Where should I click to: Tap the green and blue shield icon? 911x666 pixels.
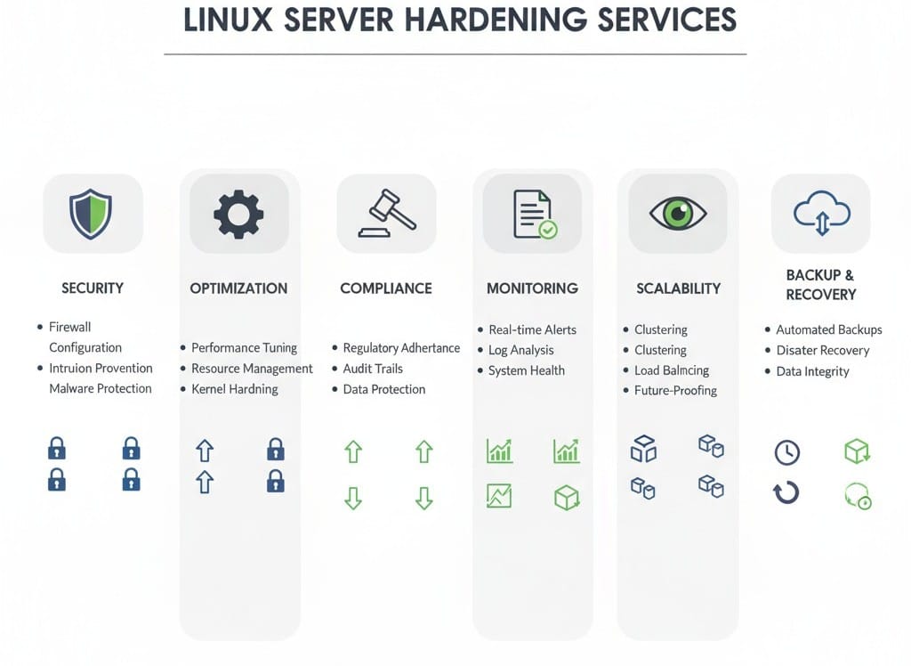pyautogui.click(x=92, y=213)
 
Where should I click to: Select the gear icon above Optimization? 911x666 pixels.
pyautogui.click(x=238, y=214)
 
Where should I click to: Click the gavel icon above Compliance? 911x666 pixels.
pyautogui.click(x=385, y=214)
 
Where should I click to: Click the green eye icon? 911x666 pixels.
pyautogui.click(x=678, y=213)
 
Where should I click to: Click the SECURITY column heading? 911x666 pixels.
pyautogui.click(x=93, y=288)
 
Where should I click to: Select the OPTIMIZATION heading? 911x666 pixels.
pyautogui.click(x=238, y=288)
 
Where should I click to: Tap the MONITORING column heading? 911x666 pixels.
pyautogui.click(x=532, y=288)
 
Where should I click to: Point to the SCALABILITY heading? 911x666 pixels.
pyautogui.click(x=678, y=288)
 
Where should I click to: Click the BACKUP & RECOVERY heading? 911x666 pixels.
pyautogui.click(x=820, y=284)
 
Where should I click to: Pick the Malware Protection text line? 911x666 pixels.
pyautogui.click(x=101, y=388)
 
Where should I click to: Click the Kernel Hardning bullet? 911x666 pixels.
pyautogui.click(x=235, y=389)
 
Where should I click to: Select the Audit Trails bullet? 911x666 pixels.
pyautogui.click(x=373, y=369)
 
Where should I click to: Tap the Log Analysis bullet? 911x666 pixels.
pyautogui.click(x=520, y=350)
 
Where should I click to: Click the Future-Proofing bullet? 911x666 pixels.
pyautogui.click(x=675, y=390)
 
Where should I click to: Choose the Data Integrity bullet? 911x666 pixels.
pyautogui.click(x=812, y=371)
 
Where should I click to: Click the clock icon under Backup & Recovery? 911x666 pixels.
pyautogui.click(x=786, y=452)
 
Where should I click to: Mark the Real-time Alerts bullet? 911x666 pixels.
pyautogui.click(x=532, y=329)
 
